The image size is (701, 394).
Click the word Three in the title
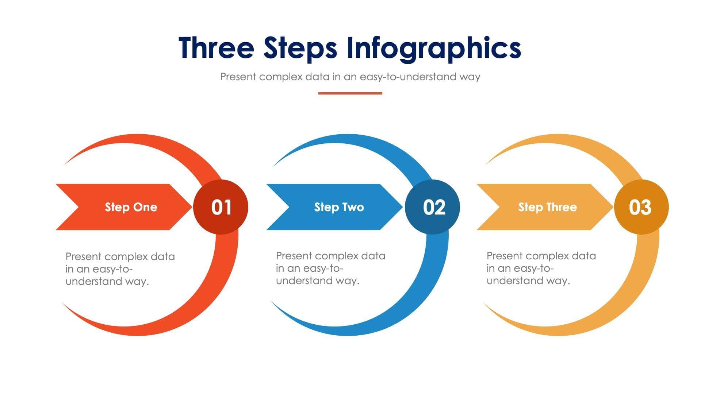pyautogui.click(x=216, y=48)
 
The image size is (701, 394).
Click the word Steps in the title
pyautogui.click(x=300, y=48)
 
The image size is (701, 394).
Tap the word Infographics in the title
pyautogui.click(x=433, y=48)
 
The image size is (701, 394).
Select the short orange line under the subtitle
pyautogui.click(x=350, y=93)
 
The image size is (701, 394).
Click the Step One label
pyautogui.click(x=131, y=207)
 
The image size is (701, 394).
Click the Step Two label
pyautogui.click(x=339, y=207)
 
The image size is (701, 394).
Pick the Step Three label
pyautogui.click(x=547, y=207)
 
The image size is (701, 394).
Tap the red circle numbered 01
pyautogui.click(x=221, y=207)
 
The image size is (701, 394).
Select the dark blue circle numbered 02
pyautogui.click(x=433, y=207)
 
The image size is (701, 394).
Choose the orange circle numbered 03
pyautogui.click(x=641, y=207)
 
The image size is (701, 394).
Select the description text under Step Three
pyautogui.click(x=541, y=268)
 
